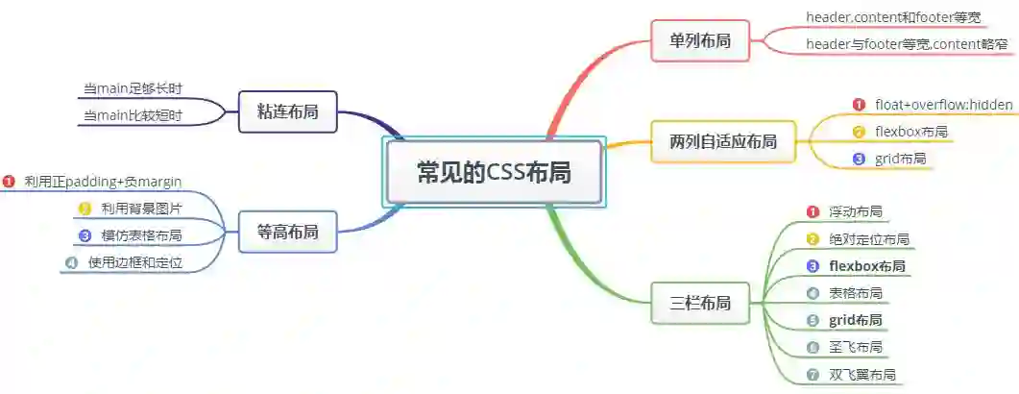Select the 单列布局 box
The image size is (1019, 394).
(699, 40)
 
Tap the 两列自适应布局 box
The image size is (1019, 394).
(723, 142)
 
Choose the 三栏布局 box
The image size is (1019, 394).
(699, 304)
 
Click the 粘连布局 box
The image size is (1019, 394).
(287, 111)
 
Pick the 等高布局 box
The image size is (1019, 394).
(287, 232)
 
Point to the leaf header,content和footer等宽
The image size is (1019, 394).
(893, 17)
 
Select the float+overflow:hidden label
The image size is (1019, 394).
(943, 104)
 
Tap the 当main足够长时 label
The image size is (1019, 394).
(133, 88)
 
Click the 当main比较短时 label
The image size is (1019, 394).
(133, 116)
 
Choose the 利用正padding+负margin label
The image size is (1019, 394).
(103, 181)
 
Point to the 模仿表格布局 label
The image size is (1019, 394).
(141, 235)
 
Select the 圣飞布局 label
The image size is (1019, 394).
(855, 347)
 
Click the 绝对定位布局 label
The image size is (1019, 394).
(868, 239)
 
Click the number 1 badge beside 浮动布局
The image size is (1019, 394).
(812, 211)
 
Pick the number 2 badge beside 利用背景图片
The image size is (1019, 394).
(84, 209)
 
